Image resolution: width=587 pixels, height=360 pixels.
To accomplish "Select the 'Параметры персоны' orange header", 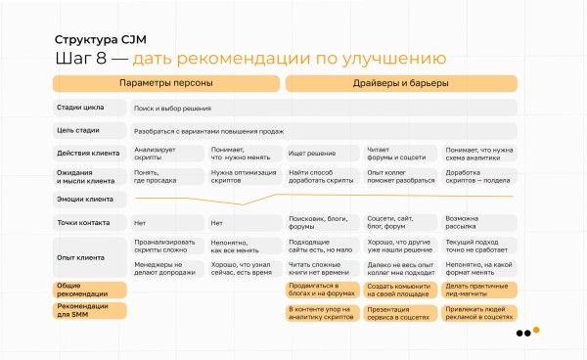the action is click(165, 83).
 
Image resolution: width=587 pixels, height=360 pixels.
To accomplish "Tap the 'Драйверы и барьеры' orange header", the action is click(400, 83).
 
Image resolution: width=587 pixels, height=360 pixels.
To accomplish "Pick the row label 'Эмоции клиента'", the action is click(85, 199).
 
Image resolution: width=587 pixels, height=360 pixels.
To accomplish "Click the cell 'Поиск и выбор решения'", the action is click(172, 108).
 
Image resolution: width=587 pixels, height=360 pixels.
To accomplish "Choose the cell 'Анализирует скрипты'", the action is click(156, 153).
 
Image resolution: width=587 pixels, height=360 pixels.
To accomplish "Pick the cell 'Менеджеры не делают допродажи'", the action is click(164, 267).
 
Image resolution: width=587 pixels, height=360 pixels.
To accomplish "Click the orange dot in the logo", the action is click(536, 330).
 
